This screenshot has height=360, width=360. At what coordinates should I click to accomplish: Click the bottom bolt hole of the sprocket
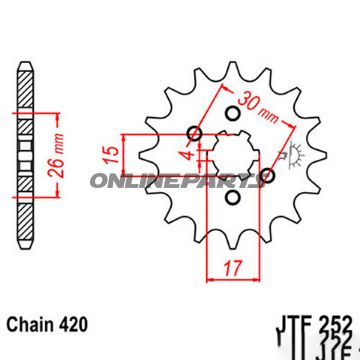coord(233,199)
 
